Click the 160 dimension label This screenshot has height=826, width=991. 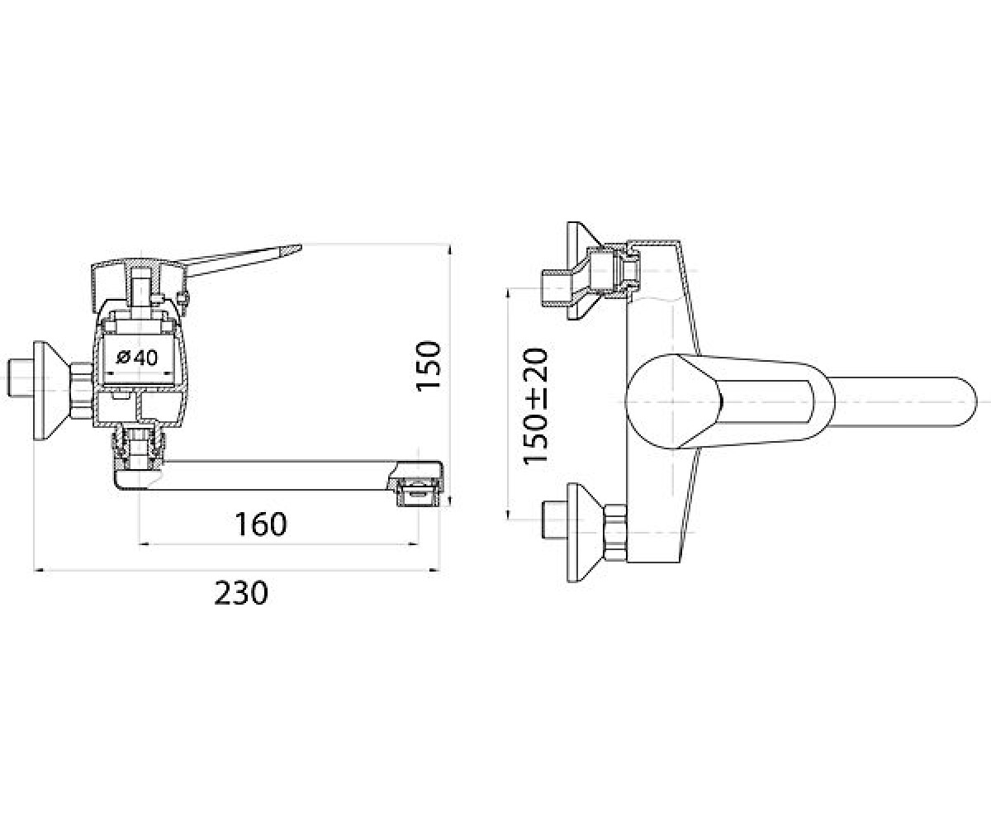click(261, 524)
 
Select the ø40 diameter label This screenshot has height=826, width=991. click(137, 357)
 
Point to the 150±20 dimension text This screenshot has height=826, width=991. click(535, 406)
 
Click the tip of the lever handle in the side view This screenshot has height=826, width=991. click(300, 246)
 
